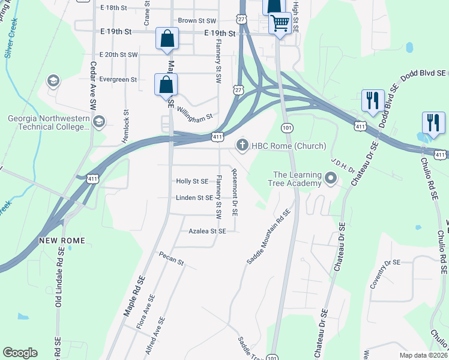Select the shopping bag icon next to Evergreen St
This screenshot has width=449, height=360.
[166, 84]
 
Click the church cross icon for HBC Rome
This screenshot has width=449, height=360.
[243, 145]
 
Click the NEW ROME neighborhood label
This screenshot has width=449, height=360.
[62, 241]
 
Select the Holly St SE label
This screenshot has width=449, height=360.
[192, 181]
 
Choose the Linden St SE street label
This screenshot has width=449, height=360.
[194, 197]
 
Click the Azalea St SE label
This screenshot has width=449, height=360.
[207, 231]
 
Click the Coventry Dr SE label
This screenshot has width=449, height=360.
[384, 274]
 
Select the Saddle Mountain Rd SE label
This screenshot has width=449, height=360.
[268, 237]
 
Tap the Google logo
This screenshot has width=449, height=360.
[20, 353]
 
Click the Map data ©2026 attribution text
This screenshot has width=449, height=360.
[423, 355]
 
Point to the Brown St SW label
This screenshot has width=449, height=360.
[196, 20]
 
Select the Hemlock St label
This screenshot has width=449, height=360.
[125, 125]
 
